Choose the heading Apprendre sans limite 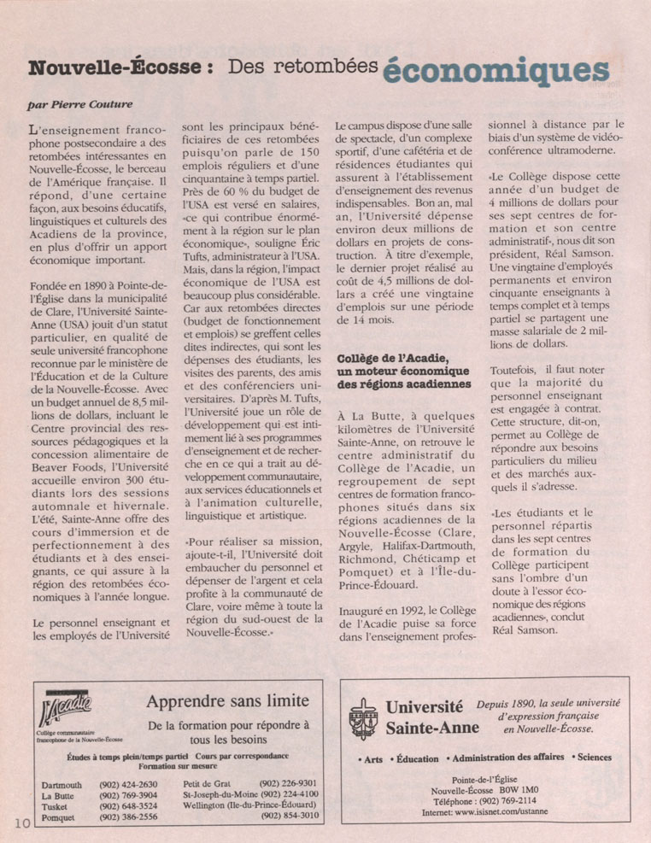tap(227, 702)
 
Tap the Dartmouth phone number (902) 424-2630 tap(129, 784)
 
